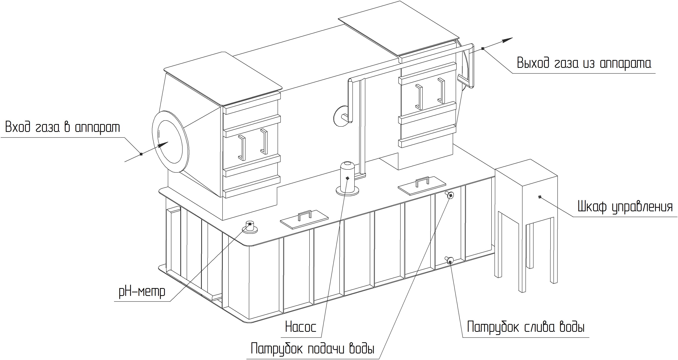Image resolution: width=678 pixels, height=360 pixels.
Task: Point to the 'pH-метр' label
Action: (x=142, y=291)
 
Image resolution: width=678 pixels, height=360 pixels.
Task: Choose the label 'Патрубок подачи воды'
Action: (x=312, y=349)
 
